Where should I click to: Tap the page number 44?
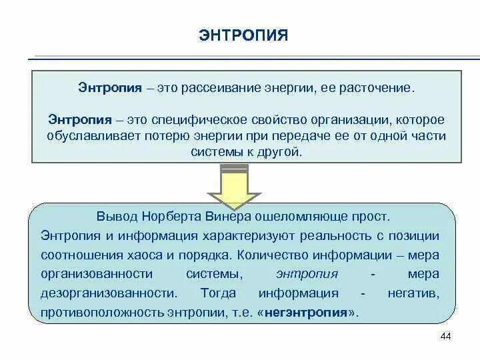tap(446, 336)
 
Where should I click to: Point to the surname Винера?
tap(231, 217)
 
